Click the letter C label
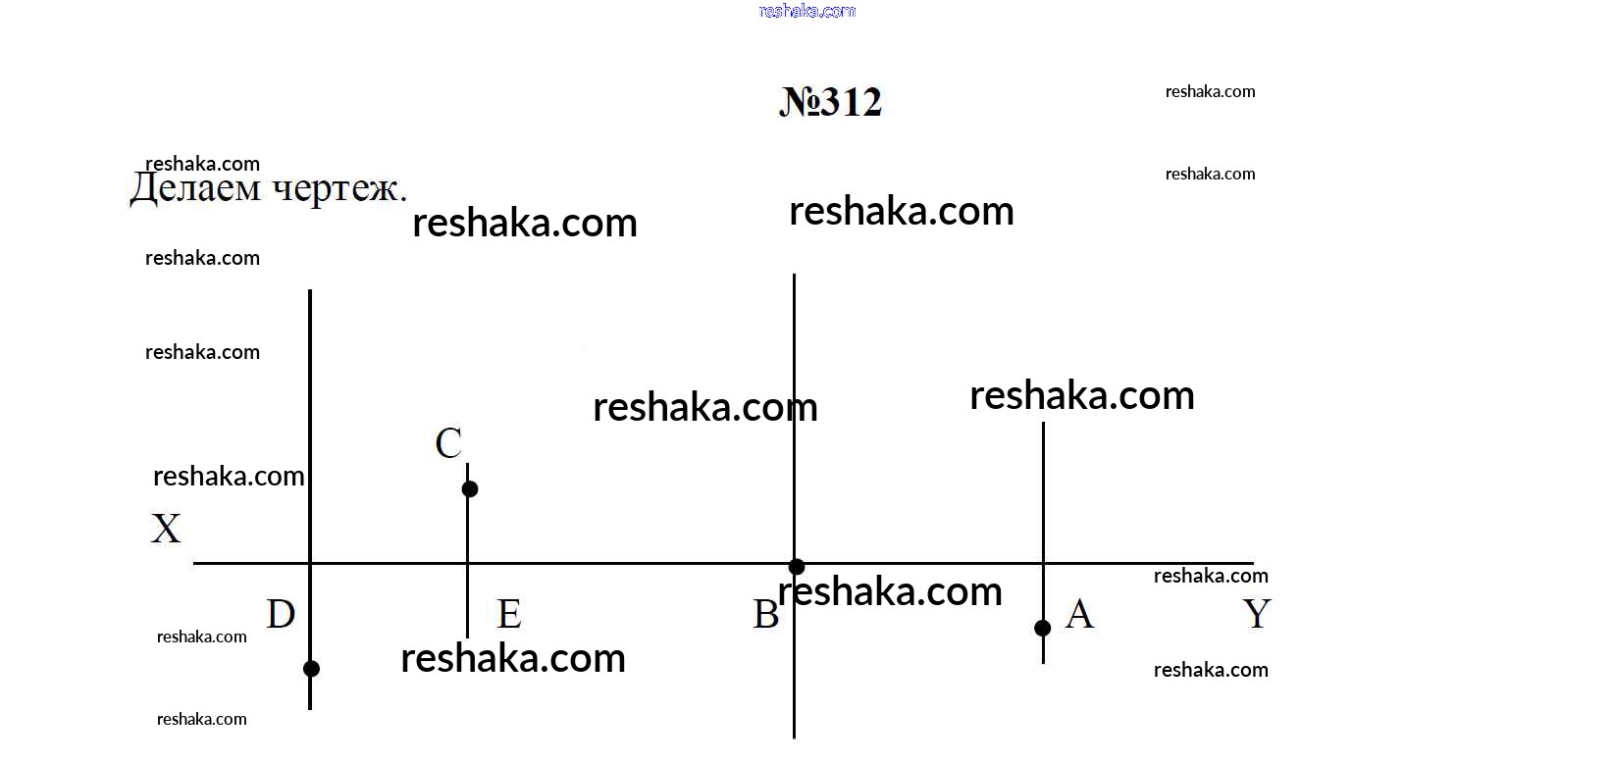point(448,443)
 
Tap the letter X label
point(166,529)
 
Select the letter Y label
point(1257,614)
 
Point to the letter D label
point(281,614)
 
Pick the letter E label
point(509,614)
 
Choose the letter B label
point(765,614)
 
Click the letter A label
point(1079,614)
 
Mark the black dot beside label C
point(469,489)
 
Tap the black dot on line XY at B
point(796,567)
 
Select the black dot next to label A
point(1042,628)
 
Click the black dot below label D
point(311,668)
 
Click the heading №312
point(830,102)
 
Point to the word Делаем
point(195,187)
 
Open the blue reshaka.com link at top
point(806,11)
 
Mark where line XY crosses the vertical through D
point(310,563)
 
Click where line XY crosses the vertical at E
point(468,563)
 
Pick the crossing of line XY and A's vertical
point(1044,563)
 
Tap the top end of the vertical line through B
point(794,274)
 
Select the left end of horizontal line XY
point(193,563)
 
